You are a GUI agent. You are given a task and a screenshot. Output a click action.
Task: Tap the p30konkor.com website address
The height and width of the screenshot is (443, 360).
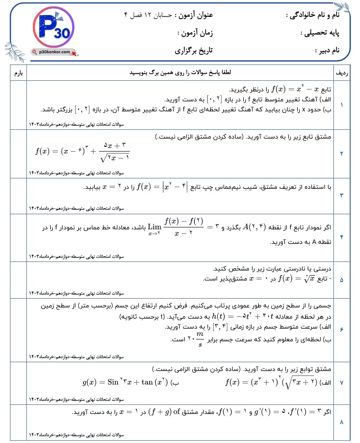point(54,52)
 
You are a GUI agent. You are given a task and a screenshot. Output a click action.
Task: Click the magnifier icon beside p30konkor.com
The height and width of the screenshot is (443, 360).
point(35,52)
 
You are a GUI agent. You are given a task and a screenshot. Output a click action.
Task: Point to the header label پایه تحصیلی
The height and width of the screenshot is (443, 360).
point(320,33)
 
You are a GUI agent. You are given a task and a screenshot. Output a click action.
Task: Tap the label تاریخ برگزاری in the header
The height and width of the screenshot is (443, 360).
point(193,50)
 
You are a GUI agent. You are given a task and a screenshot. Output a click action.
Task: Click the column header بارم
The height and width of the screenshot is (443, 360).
point(18,73)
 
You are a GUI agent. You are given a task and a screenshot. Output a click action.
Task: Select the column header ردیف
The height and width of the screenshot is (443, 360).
point(342,73)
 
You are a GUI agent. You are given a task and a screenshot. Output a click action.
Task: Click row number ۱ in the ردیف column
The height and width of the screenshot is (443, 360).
point(342,105)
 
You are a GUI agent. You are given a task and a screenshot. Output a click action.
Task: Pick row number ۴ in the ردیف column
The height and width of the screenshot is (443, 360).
point(342,237)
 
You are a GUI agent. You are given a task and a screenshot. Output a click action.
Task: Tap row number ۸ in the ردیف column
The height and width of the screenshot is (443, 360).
point(342,422)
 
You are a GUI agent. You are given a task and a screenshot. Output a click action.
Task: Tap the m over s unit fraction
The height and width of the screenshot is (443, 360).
point(200,339)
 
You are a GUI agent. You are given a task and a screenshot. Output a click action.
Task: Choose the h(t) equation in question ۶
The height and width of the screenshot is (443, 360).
point(242,317)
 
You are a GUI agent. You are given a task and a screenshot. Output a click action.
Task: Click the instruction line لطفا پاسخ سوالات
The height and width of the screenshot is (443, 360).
point(180,73)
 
